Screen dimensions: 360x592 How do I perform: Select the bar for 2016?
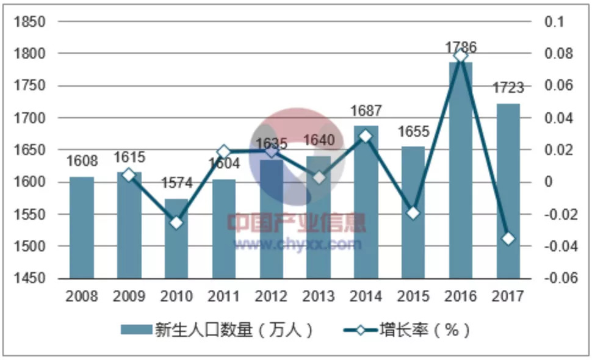click(x=461, y=171)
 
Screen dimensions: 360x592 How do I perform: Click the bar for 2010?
click(x=176, y=239)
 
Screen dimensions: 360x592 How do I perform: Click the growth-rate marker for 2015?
click(x=413, y=213)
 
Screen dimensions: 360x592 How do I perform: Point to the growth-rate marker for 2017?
click(x=508, y=239)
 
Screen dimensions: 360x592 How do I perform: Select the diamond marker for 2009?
click(x=129, y=175)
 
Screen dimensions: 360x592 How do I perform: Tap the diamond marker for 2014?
click(x=366, y=136)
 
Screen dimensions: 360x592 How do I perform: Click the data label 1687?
click(x=366, y=111)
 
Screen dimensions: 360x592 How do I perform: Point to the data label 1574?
click(x=176, y=183)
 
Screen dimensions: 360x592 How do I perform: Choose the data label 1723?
click(x=508, y=88)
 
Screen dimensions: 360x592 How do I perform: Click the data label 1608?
click(x=82, y=162)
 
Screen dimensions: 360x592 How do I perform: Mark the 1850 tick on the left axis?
click(x=31, y=22)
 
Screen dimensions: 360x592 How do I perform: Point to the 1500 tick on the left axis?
click(x=31, y=247)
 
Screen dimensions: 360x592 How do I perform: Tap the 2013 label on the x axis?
click(x=319, y=297)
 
